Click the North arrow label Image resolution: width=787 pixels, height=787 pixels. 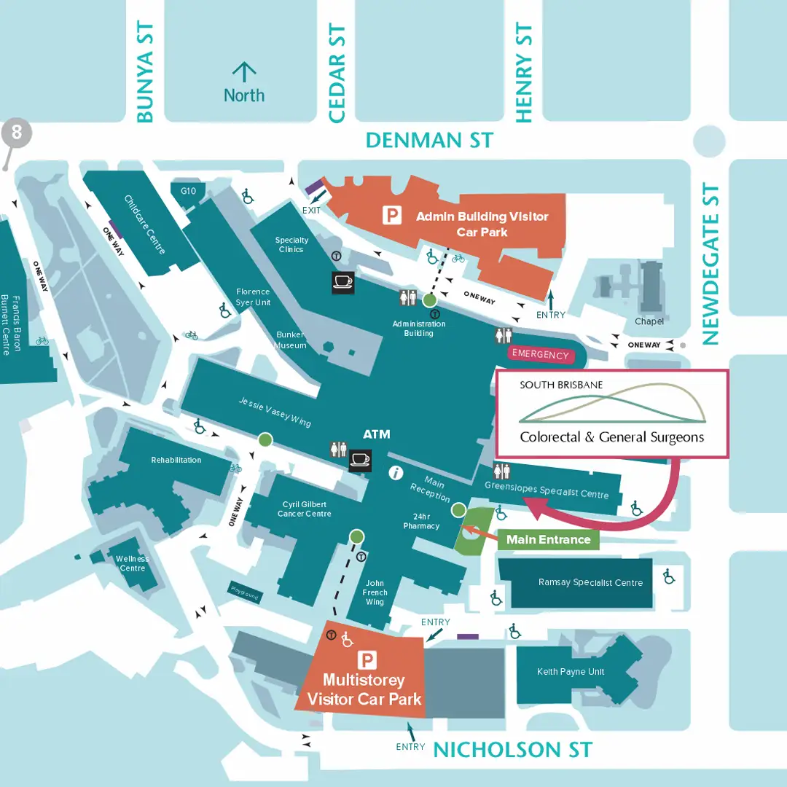click(x=243, y=95)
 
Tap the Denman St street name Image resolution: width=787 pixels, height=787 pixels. click(x=429, y=140)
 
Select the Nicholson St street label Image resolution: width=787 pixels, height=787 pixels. click(x=513, y=749)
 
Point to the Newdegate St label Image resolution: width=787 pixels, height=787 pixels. click(x=710, y=265)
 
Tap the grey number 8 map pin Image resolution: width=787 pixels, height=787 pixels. click(x=17, y=133)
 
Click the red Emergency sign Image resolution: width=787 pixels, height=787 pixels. click(x=540, y=355)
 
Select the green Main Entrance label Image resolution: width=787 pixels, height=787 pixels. click(x=548, y=539)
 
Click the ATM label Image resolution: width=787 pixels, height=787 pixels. click(x=377, y=434)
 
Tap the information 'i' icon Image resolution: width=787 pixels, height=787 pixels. click(x=396, y=472)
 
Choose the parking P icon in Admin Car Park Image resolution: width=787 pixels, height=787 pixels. click(x=393, y=215)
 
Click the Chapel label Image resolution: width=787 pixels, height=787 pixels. click(x=649, y=321)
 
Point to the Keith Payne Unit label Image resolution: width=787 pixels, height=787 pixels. click(x=571, y=672)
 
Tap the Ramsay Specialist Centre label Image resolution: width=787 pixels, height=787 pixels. click(x=590, y=583)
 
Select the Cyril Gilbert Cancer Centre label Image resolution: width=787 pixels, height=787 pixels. click(x=304, y=509)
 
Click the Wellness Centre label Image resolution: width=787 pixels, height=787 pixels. click(x=132, y=563)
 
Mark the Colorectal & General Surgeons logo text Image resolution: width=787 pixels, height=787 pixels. click(x=612, y=437)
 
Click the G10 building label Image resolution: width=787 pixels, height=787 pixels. click(x=189, y=191)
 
